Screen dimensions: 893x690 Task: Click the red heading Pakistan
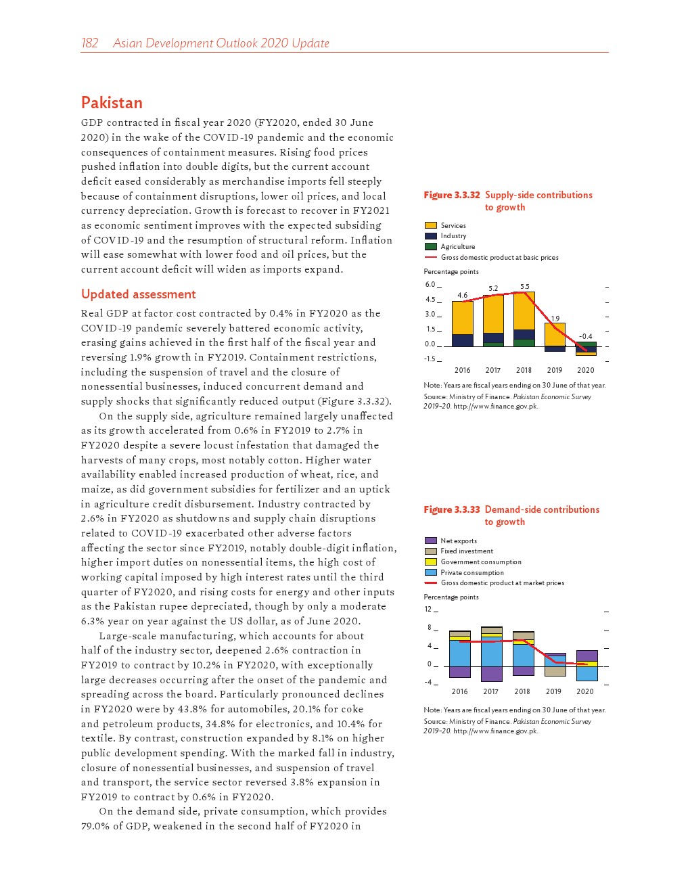pyautogui.click(x=112, y=103)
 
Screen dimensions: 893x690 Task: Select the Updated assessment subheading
pyautogui.click(x=138, y=294)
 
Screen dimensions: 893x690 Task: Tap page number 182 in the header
pyautogui.click(x=89, y=43)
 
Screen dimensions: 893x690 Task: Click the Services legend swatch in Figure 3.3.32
pyautogui.click(x=430, y=225)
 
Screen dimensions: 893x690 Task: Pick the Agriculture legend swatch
pyautogui.click(x=430, y=246)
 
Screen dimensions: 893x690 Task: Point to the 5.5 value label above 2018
pyautogui.click(x=524, y=287)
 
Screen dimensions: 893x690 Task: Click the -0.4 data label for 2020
pyautogui.click(x=586, y=336)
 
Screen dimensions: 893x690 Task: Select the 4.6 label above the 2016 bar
pyautogui.click(x=462, y=296)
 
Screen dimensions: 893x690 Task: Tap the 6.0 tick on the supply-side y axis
pyautogui.click(x=430, y=285)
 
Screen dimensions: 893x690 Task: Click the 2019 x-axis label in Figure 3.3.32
pyautogui.click(x=555, y=370)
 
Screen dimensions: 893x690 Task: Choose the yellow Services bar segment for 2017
pyautogui.click(x=493, y=314)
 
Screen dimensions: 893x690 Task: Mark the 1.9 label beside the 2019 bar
pyautogui.click(x=555, y=319)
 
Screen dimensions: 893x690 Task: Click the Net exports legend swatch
pyautogui.click(x=430, y=541)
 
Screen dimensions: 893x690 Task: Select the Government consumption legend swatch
pyautogui.click(x=430, y=562)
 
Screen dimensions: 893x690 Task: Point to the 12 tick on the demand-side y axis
pyautogui.click(x=428, y=609)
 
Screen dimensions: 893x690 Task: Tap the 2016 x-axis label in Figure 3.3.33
pyautogui.click(x=459, y=691)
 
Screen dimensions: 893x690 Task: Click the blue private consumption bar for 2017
pyautogui.click(x=491, y=653)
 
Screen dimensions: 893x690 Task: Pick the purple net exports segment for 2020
pyautogui.click(x=586, y=656)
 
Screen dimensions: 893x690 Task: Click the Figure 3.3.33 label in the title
pyautogui.click(x=451, y=509)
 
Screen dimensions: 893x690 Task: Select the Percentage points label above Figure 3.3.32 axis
pyautogui.click(x=451, y=272)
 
